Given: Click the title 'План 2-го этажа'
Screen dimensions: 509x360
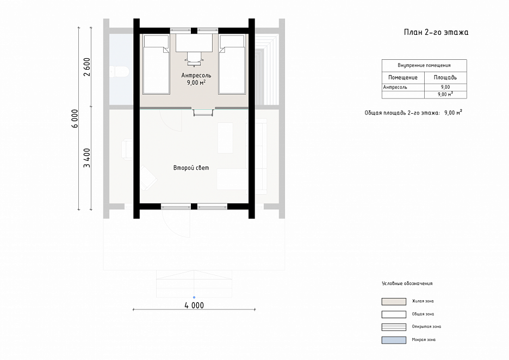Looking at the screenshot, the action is pos(436,32).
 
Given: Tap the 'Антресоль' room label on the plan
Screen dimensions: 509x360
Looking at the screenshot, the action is pos(196,75).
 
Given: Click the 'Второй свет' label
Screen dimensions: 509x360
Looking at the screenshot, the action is pos(191,168).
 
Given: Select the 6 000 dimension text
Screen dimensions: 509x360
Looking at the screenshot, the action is pos(75,119).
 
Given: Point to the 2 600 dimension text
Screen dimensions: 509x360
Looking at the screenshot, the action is pos(87,67).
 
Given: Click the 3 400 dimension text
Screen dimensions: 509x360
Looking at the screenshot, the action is pos(87,158).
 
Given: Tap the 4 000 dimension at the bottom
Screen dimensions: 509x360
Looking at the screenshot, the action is pos(194,306).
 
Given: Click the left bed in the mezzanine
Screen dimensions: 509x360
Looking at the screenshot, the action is pos(156,65).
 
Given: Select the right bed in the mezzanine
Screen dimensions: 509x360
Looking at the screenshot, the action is pos(232,65).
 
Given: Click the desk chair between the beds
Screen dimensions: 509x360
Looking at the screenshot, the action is pos(194,59).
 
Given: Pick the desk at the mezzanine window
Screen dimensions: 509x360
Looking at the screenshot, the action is pos(194,43).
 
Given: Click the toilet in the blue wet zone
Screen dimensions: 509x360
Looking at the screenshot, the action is pos(119,72).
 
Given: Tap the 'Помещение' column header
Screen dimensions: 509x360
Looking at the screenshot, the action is pos(403,78).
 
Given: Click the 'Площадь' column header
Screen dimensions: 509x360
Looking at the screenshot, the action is pos(445,78).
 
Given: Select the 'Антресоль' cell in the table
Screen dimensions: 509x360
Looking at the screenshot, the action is pos(395,87).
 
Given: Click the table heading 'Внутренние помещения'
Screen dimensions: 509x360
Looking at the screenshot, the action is pos(424,65).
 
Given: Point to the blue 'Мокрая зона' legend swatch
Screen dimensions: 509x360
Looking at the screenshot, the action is pos(394,340).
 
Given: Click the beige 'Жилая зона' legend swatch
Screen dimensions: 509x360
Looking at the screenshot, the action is pos(394,302).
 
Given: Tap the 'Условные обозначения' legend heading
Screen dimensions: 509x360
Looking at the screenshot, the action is pos(407,283).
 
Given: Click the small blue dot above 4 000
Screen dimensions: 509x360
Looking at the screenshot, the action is pos(194,297).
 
